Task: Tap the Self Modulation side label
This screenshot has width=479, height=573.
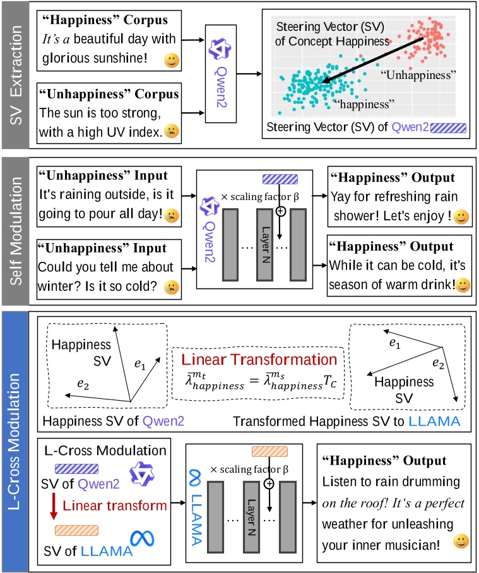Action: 17,231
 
